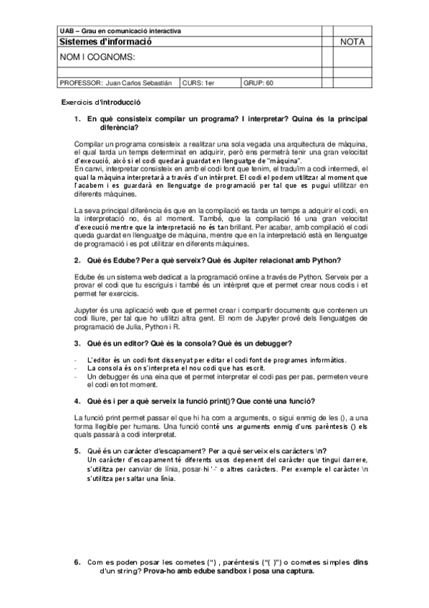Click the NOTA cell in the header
(x=352, y=42)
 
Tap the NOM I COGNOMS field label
(x=97, y=57)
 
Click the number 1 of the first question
(x=77, y=119)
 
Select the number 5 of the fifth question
(x=77, y=451)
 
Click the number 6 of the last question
(x=77, y=563)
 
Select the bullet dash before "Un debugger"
(x=76, y=375)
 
